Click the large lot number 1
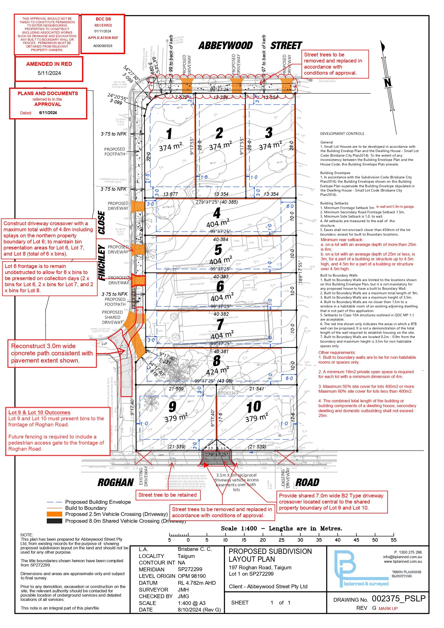point(169,134)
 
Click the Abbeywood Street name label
point(250,45)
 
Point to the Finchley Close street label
point(101,246)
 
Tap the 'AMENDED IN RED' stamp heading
point(49,64)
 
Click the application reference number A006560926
point(103,46)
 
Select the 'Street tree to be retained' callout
point(167,495)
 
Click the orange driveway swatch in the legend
point(54,514)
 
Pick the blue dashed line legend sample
point(54,502)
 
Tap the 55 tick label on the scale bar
point(393,540)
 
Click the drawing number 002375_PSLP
point(398,599)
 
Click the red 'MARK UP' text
point(388,609)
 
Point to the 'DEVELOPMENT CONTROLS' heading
point(342,134)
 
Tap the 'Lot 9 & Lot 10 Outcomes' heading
point(39,412)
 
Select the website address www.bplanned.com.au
point(403,561)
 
